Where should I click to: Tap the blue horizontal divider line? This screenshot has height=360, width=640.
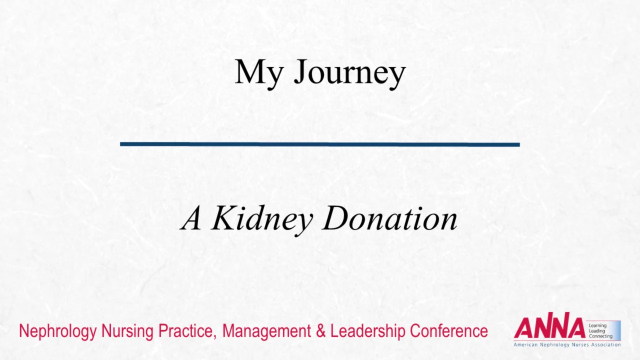[x=319, y=144]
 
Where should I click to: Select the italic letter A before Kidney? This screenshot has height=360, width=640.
[x=190, y=218]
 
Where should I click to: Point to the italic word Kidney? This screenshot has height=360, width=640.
[x=261, y=220]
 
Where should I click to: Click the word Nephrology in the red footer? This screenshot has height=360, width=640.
[x=58, y=331]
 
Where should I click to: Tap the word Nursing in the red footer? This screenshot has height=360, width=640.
[x=127, y=331]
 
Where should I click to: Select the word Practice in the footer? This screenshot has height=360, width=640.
[x=187, y=331]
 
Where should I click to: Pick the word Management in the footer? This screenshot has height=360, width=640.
[x=266, y=331]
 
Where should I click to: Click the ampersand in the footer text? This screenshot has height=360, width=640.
[x=320, y=331]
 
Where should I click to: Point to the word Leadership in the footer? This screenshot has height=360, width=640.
[x=367, y=331]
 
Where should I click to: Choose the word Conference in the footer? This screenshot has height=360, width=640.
[x=449, y=331]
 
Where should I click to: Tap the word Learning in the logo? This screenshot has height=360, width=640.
[x=597, y=326]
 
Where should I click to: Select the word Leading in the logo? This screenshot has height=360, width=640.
[x=597, y=331]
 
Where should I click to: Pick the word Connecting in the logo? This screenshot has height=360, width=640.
[x=600, y=336]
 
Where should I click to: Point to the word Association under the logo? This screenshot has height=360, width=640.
[x=605, y=345]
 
